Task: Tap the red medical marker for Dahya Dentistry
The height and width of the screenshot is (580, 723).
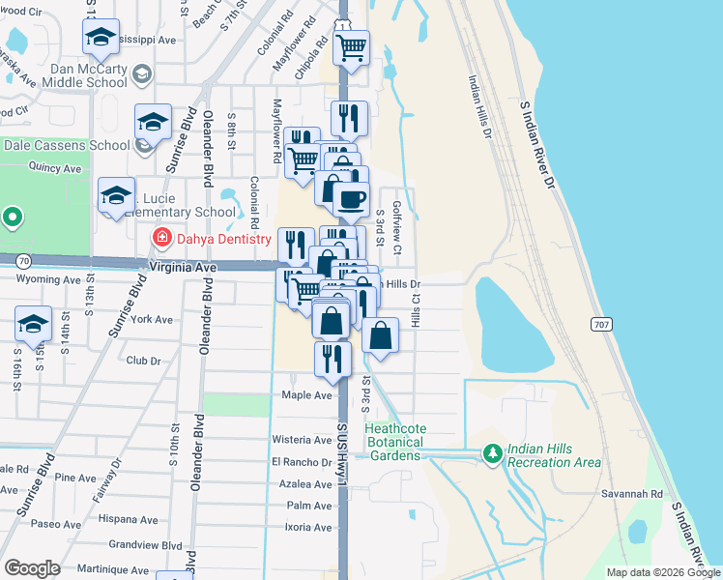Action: [161, 237]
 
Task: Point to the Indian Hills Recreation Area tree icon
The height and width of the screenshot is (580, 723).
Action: [492, 453]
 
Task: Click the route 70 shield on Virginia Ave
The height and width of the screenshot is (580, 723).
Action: [22, 260]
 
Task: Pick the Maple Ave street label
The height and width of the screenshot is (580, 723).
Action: [306, 395]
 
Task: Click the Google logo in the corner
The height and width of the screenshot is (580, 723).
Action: [32, 567]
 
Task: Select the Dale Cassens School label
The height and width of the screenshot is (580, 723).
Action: [67, 145]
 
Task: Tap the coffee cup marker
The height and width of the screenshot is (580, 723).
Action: [351, 199]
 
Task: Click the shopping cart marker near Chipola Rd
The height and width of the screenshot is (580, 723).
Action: [352, 45]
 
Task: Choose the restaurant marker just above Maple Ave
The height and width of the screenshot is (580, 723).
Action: [333, 359]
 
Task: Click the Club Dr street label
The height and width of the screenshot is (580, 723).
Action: [143, 361]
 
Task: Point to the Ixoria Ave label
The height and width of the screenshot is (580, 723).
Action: [309, 527]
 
